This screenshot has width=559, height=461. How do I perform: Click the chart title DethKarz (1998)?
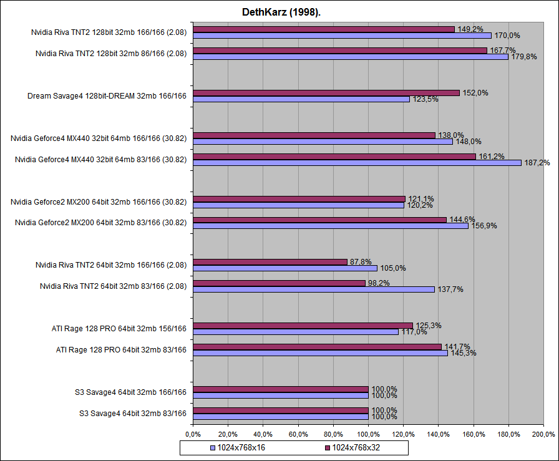tap(279, 12)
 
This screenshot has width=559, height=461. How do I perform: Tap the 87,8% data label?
tap(359, 262)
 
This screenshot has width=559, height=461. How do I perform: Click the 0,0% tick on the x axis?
tap(193, 434)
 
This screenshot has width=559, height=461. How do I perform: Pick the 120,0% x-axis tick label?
tap(404, 434)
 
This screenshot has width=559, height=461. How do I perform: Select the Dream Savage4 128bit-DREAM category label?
tap(107, 96)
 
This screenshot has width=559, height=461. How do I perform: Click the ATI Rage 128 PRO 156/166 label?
tap(119, 328)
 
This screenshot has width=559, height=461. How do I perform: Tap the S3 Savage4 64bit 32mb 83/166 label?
tap(133, 413)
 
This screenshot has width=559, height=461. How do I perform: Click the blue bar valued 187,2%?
tap(357, 163)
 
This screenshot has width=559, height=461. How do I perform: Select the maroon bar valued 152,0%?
tap(326, 93)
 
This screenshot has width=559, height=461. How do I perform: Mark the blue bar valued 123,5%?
tap(301, 99)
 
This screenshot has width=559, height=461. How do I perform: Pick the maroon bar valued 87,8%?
tap(270, 262)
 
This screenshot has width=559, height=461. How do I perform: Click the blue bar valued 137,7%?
tap(314, 289)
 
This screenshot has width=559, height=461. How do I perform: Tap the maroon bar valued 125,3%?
tap(303, 325)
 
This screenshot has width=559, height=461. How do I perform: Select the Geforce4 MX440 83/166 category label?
tap(100, 160)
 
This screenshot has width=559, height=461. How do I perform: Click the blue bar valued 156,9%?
tap(331, 226)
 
